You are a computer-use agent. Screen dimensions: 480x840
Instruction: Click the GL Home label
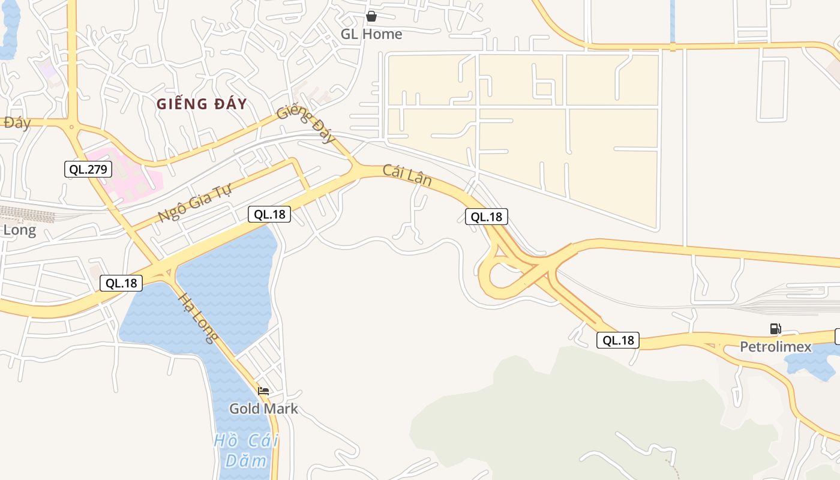(x=371, y=34)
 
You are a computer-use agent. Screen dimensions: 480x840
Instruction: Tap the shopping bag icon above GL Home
(x=371, y=16)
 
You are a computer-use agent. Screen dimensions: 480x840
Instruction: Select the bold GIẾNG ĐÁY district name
(x=202, y=104)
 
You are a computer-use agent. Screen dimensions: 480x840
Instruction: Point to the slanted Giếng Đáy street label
(x=307, y=124)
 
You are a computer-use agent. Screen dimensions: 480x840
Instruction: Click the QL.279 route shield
(x=88, y=169)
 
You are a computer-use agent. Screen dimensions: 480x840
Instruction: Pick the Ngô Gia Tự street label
(x=195, y=202)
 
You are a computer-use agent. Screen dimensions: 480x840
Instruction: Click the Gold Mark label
(x=263, y=409)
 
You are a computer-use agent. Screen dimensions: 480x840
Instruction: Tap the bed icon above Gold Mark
(x=263, y=391)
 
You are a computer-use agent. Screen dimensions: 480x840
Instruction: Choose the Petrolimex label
(x=775, y=347)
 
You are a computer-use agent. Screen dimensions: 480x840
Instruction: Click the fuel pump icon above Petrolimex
(x=775, y=329)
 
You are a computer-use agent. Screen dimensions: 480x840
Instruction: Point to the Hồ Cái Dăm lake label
(x=246, y=451)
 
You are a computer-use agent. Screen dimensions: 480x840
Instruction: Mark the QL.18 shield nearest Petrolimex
(x=618, y=341)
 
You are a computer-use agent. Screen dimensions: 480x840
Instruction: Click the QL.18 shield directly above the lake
(x=269, y=214)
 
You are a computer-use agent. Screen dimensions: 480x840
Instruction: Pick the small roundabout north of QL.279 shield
(x=71, y=127)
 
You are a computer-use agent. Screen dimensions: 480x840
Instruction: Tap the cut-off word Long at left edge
(x=19, y=230)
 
